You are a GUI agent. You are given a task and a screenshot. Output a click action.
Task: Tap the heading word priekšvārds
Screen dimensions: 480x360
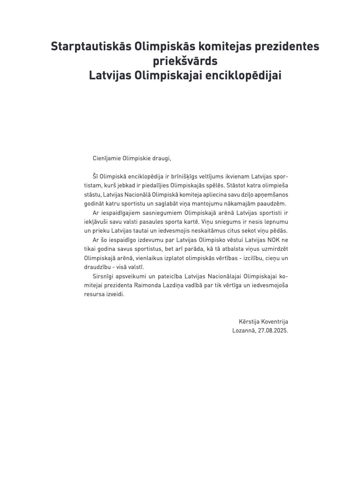tap(185, 61)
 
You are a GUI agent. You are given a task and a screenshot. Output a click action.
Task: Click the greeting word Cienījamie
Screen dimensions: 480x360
tap(106, 158)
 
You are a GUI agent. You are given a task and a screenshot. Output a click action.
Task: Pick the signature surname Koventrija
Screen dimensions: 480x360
tap(274, 322)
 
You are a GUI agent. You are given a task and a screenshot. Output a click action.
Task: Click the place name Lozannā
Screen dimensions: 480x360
tap(243, 331)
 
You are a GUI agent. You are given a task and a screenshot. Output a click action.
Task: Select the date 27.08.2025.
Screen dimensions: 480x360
tap(273, 331)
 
